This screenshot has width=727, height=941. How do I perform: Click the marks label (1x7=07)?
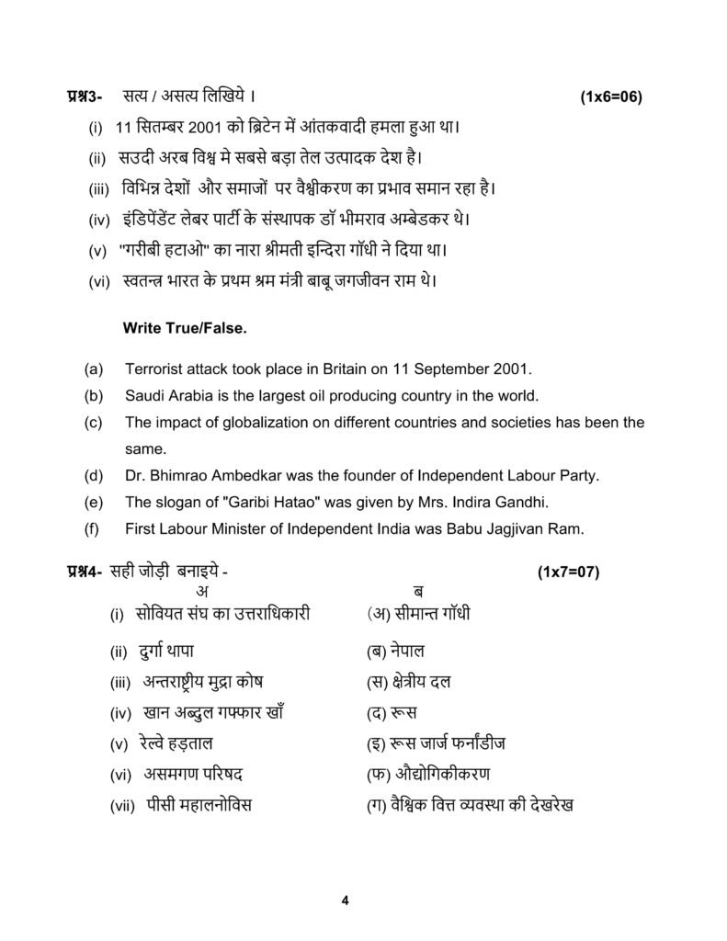click(567, 572)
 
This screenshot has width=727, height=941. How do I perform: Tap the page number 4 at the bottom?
click(345, 900)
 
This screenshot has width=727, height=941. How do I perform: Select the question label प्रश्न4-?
click(84, 572)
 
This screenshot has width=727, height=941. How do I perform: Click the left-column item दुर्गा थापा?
click(165, 652)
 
